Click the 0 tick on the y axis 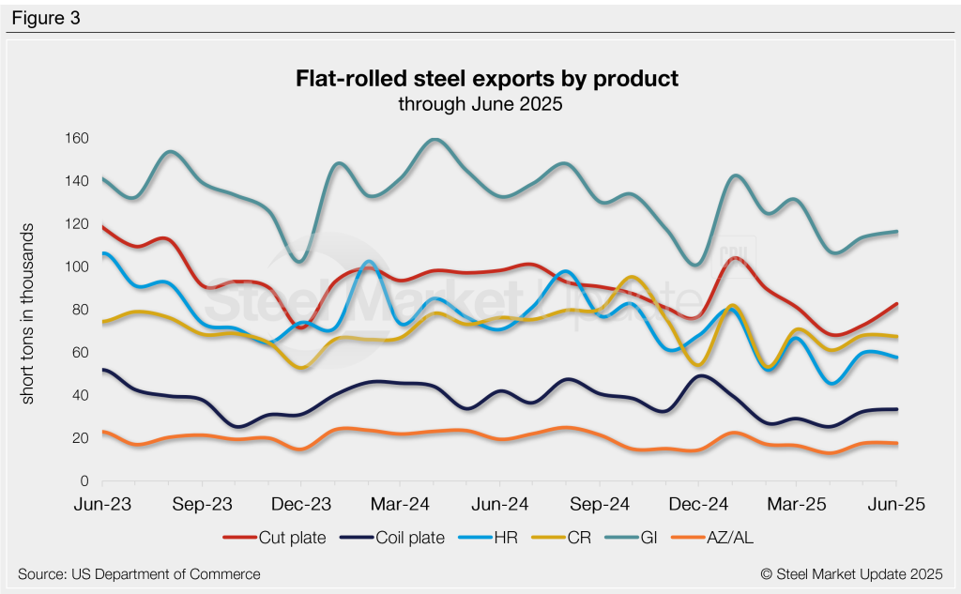[x=84, y=481]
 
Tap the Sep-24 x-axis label [x=599, y=505]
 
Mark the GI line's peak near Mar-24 [x=433, y=140]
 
